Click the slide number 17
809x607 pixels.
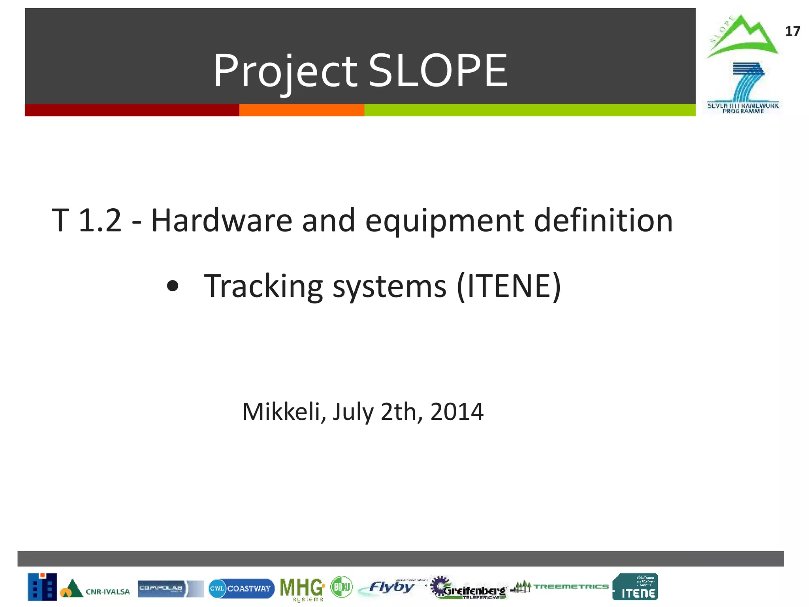[x=792, y=31]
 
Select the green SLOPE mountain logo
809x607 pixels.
[x=742, y=37]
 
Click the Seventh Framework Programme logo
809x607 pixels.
[x=743, y=88]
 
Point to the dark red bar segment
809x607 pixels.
[x=132, y=110]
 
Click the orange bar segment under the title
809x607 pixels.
[x=301, y=110]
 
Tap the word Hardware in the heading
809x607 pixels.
[x=222, y=220]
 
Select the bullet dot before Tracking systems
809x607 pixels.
[x=173, y=286]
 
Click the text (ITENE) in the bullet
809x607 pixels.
[x=509, y=286]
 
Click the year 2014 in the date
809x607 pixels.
[x=457, y=411]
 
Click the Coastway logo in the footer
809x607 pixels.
[x=241, y=588]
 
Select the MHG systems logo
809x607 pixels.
[x=302, y=589]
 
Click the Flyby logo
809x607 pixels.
[x=389, y=588]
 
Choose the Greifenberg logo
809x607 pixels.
[x=468, y=588]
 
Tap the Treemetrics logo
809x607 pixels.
[x=559, y=587]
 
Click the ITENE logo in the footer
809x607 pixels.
[x=635, y=587]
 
